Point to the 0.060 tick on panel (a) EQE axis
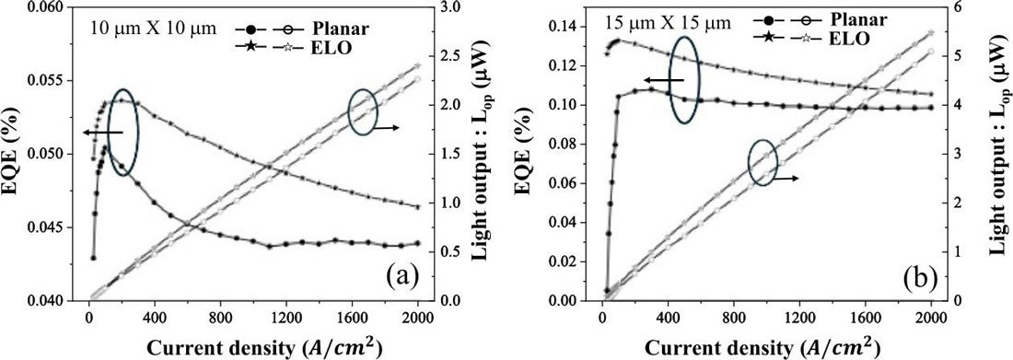(56, 7)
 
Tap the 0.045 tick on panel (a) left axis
(56, 227)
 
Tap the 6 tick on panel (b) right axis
(958, 7)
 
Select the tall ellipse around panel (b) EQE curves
(682, 78)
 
